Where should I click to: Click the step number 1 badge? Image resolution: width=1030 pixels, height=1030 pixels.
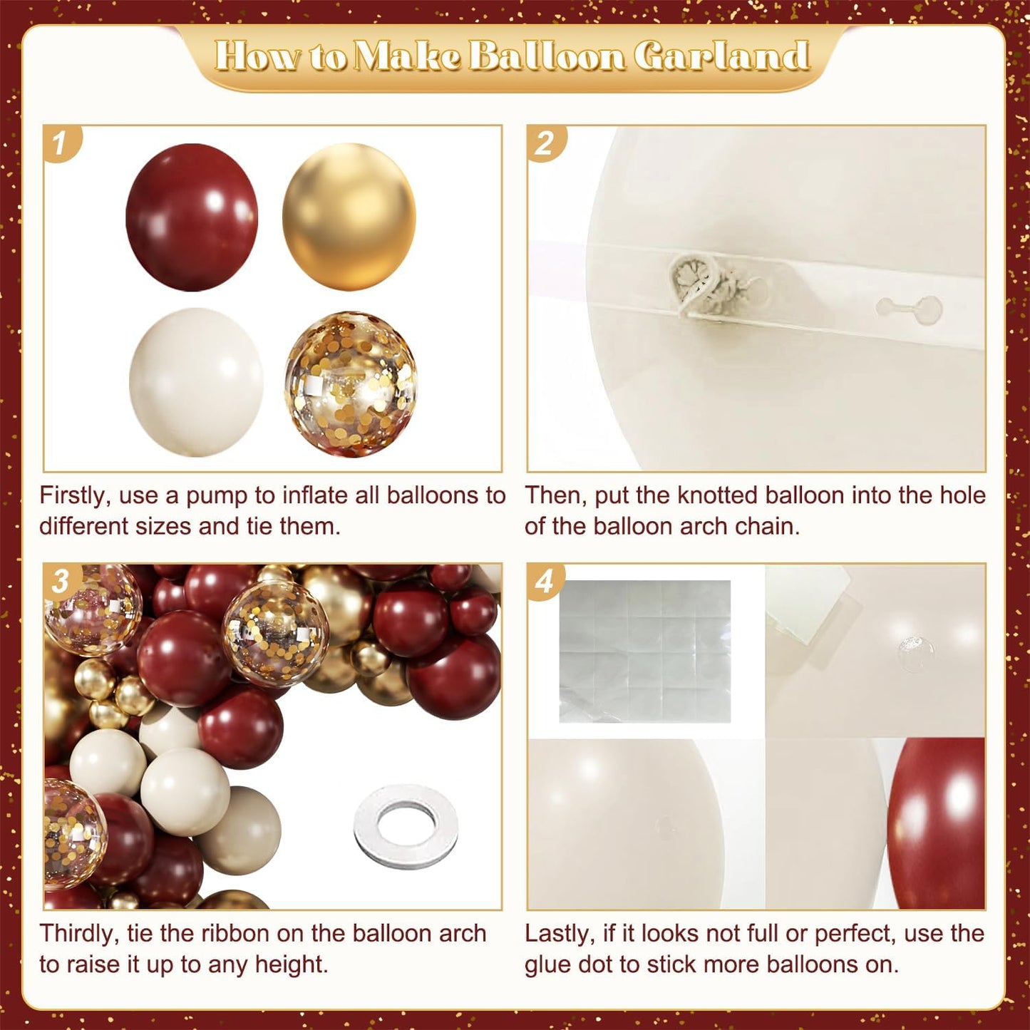pos(61,143)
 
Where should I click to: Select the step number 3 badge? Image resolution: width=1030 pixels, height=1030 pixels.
pos(61,581)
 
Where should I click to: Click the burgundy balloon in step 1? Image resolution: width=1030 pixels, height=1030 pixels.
pos(191,217)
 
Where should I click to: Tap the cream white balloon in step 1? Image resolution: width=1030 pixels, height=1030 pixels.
pos(195,382)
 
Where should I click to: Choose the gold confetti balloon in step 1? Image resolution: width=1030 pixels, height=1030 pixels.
pos(351,383)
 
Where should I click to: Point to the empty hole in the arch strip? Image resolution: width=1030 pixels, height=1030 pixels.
pos(909,309)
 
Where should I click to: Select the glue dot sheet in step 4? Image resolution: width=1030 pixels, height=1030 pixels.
pos(645,651)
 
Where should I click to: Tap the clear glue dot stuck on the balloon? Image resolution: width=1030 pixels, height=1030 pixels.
pos(916,647)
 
